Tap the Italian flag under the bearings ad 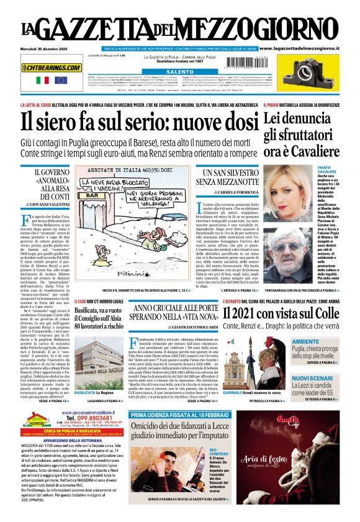(x=42, y=80)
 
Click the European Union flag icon (x=60, y=80)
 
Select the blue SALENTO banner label (x=162, y=72)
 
